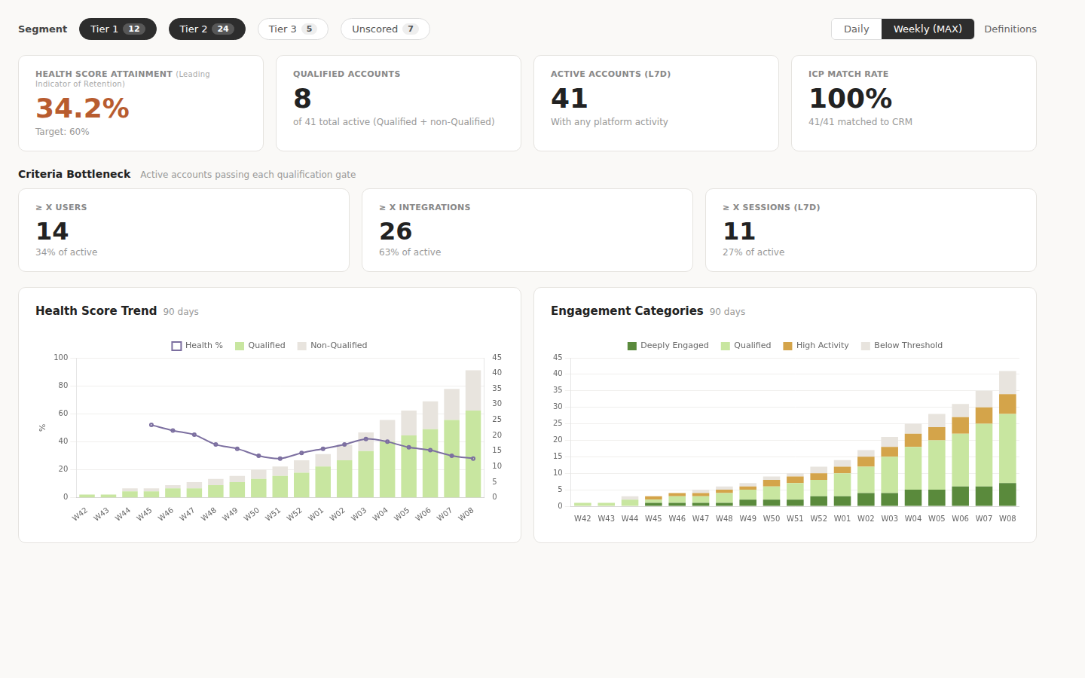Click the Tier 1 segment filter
coord(118,29)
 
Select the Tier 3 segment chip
coord(292,29)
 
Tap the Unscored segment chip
coord(384,29)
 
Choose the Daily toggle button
coord(856,29)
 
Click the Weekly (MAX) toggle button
coord(928,29)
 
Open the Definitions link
coord(1010,29)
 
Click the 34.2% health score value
coord(82,108)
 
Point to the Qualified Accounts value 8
coord(302,99)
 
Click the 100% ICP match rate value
coord(850,99)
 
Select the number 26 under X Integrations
coord(396,231)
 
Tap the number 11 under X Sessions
coord(738,231)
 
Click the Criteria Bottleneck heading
coord(75,174)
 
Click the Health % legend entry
coord(197,346)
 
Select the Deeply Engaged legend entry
coord(668,346)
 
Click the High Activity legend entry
coord(816,346)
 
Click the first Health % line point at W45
coord(151,425)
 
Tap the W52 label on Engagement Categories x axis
coord(818,518)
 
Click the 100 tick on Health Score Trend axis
coord(61,358)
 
